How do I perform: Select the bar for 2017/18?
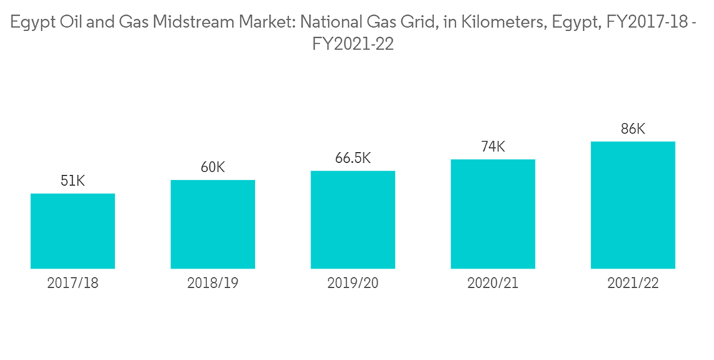[73, 231]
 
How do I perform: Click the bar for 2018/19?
[213, 224]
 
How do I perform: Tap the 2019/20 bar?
[353, 219]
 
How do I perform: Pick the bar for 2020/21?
[493, 214]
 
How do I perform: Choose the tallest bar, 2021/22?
[633, 205]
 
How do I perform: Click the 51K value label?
[73, 181]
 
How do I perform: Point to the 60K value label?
[213, 168]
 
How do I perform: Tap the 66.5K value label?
[353, 158]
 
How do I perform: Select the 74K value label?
[493, 147]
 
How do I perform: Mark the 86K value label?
[633, 129]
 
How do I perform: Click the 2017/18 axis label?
[73, 284]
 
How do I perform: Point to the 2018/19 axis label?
[213, 284]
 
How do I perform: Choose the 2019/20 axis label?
[353, 284]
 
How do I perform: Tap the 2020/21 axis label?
[493, 284]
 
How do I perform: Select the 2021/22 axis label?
[633, 284]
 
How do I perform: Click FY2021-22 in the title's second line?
[353, 44]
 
